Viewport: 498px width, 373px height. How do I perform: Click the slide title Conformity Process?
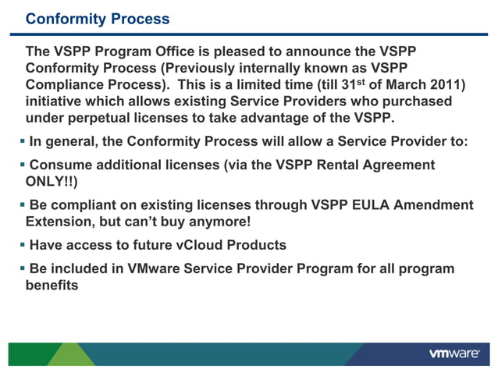coord(98,18)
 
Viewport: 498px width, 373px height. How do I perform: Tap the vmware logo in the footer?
coord(454,353)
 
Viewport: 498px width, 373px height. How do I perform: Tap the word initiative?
coord(57,102)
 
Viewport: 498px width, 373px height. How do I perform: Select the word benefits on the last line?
coord(52,286)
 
